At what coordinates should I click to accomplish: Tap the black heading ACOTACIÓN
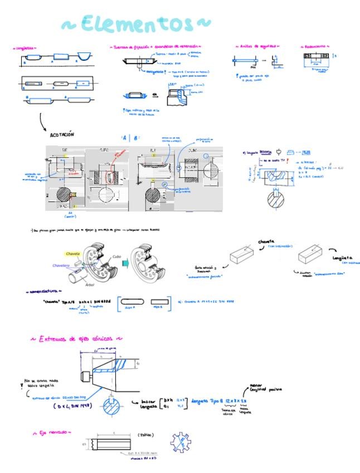click(62, 134)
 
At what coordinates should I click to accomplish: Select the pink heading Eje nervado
click(52, 432)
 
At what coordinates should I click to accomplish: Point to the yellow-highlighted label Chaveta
click(73, 254)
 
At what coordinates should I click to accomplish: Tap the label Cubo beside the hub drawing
click(116, 256)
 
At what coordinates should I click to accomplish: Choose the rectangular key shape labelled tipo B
click(160, 302)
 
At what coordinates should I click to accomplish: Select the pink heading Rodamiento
click(315, 46)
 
